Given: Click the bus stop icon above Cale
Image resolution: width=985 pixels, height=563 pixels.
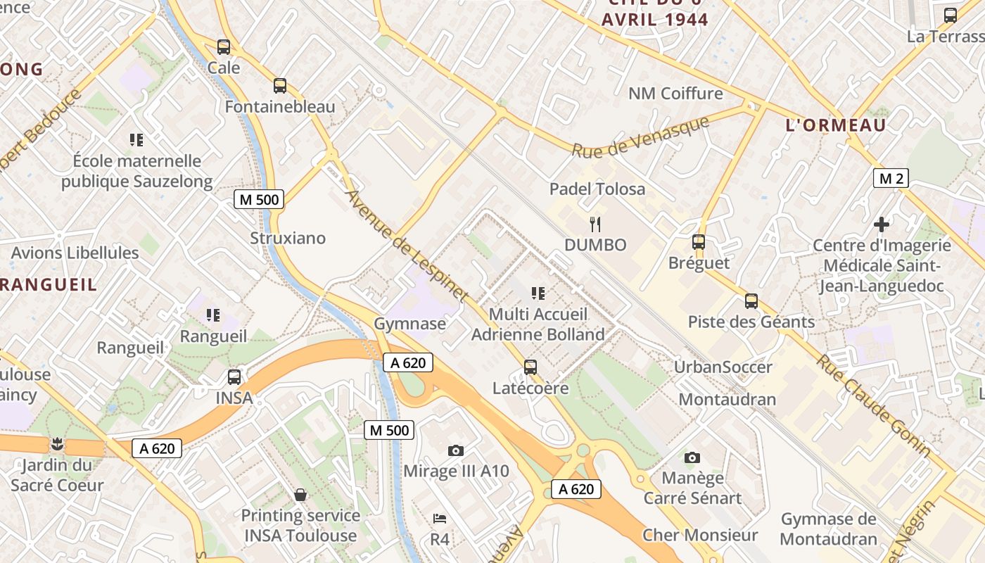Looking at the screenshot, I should [224, 47].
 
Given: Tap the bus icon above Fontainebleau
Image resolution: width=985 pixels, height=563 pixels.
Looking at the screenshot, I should [280, 86].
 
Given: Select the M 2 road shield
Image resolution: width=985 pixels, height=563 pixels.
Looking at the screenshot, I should [890, 178].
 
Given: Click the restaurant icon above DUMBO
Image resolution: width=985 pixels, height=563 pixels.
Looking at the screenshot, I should [595, 224].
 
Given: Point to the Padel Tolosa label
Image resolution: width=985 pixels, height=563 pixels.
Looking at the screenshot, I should [597, 189].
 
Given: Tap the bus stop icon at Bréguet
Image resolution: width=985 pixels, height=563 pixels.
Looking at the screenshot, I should [698, 242].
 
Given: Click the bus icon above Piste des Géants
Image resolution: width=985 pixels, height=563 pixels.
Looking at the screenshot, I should [751, 301].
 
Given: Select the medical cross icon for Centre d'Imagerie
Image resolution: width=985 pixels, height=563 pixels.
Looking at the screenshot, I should [881, 224].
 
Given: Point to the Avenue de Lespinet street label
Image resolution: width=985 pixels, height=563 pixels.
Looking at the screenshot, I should [407, 246].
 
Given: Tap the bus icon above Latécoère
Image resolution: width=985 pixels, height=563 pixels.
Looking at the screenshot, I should [530, 367].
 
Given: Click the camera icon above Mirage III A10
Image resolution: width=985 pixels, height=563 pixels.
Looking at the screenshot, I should [456, 450].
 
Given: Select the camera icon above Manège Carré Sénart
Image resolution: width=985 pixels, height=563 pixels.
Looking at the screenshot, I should [692, 457].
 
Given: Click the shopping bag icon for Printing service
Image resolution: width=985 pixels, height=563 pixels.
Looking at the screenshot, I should [300, 495].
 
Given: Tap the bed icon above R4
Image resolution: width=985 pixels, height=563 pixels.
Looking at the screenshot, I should [440, 519].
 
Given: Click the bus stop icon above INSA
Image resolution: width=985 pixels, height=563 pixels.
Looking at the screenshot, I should [234, 377].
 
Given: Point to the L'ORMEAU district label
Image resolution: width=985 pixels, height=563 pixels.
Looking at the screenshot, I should [835, 125].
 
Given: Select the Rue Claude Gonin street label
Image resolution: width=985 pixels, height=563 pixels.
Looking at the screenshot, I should [872, 405].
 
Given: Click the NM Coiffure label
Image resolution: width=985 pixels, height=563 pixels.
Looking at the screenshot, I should [675, 94].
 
